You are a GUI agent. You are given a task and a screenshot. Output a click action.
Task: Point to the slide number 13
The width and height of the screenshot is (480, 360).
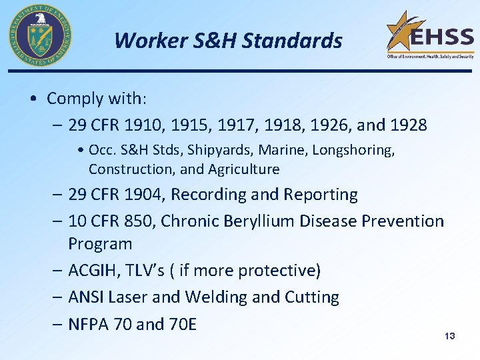pos(449,336)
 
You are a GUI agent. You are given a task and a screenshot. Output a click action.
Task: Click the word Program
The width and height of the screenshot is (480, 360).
pos(100,244)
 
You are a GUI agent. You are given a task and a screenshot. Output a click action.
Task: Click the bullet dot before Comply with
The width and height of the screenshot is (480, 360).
pos(34,99)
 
